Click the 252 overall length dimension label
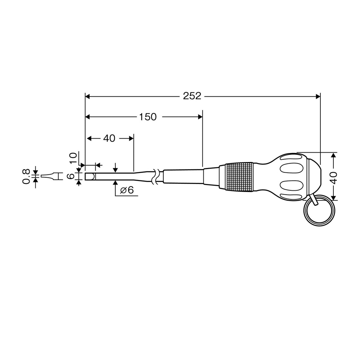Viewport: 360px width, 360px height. pyautogui.click(x=192, y=96)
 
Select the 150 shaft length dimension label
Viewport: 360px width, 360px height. pyautogui.click(x=148, y=117)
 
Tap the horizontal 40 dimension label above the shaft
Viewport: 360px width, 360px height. pyautogui.click(x=109, y=138)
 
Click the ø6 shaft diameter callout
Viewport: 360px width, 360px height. pyautogui.click(x=127, y=190)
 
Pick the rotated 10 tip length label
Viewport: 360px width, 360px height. pyautogui.click(x=73, y=158)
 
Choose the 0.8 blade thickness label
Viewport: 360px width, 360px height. pyautogui.click(x=26, y=176)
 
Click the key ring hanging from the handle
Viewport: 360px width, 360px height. pyautogui.click(x=319, y=211)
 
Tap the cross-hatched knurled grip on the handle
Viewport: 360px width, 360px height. pyautogui.click(x=239, y=177)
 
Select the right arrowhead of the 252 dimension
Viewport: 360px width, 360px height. pyautogui.click(x=318, y=96)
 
